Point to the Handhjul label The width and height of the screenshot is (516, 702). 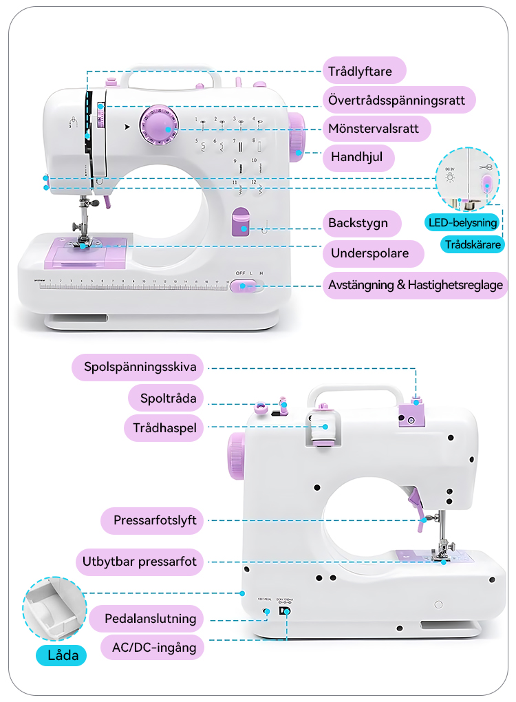(x=358, y=158)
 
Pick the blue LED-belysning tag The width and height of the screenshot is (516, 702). (x=462, y=222)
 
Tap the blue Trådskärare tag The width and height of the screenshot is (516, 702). (x=473, y=244)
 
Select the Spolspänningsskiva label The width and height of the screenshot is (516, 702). (x=140, y=367)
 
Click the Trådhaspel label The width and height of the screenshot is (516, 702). (x=165, y=428)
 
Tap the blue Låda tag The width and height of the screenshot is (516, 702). (x=62, y=655)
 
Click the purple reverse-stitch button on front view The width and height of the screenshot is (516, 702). (x=241, y=223)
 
